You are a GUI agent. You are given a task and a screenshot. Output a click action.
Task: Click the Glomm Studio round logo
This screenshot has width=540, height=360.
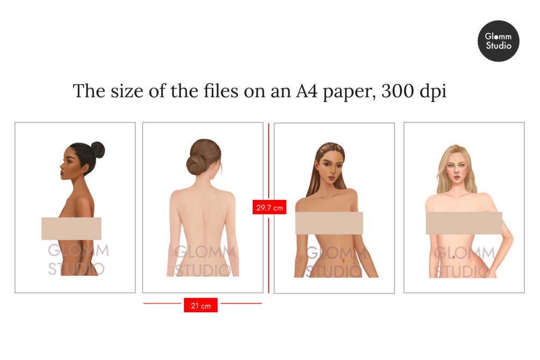498,41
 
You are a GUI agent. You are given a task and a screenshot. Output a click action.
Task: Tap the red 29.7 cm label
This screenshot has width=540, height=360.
269,207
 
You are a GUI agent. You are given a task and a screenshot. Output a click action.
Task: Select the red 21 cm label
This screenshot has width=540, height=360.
200,305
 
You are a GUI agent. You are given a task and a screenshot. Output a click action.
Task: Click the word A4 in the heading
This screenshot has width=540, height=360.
306,91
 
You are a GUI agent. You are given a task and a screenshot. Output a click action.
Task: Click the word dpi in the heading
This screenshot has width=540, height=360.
433,92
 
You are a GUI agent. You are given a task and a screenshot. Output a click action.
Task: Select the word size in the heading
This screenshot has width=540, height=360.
127,91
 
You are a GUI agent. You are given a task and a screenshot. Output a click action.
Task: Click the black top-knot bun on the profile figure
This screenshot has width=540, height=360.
97,149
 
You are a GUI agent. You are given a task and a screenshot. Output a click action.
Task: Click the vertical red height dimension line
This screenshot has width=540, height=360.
269,208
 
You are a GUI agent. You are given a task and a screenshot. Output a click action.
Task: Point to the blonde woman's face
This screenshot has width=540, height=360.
457,169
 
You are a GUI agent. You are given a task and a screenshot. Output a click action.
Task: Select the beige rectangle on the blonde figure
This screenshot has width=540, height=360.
464,223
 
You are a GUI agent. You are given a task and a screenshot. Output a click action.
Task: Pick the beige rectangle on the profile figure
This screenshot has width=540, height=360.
71,228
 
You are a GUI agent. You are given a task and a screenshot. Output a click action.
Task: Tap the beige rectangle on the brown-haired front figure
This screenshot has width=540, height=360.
329,223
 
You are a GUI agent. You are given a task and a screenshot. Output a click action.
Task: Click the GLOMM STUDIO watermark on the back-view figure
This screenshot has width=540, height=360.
205,261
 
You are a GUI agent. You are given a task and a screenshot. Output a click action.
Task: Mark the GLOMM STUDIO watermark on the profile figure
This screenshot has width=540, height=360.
78,259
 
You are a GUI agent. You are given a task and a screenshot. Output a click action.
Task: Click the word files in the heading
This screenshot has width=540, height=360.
221,91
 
